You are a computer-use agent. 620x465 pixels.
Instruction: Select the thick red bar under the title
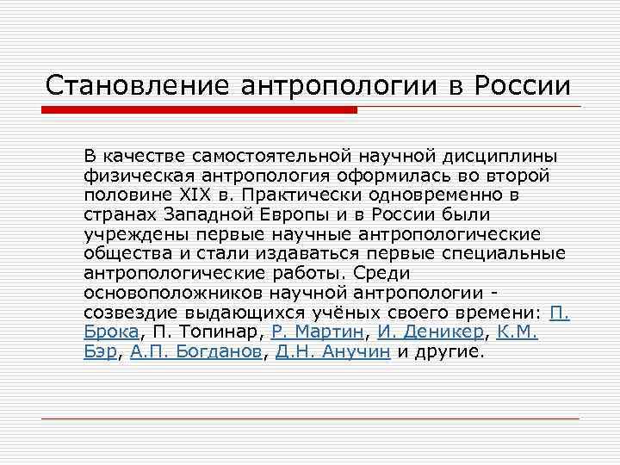pos(198,109)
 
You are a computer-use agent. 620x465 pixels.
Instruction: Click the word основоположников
pos(162,292)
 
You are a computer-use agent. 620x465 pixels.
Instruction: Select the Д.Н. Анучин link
pos(332,351)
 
